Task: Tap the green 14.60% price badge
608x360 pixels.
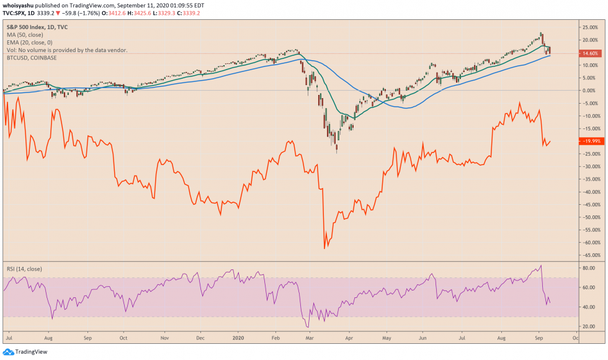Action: [590, 53]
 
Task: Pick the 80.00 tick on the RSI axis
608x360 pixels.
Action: [588, 268]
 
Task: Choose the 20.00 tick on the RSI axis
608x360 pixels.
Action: [588, 326]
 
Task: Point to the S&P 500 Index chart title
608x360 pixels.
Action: [37, 27]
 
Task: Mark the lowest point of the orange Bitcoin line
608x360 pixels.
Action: [325, 248]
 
